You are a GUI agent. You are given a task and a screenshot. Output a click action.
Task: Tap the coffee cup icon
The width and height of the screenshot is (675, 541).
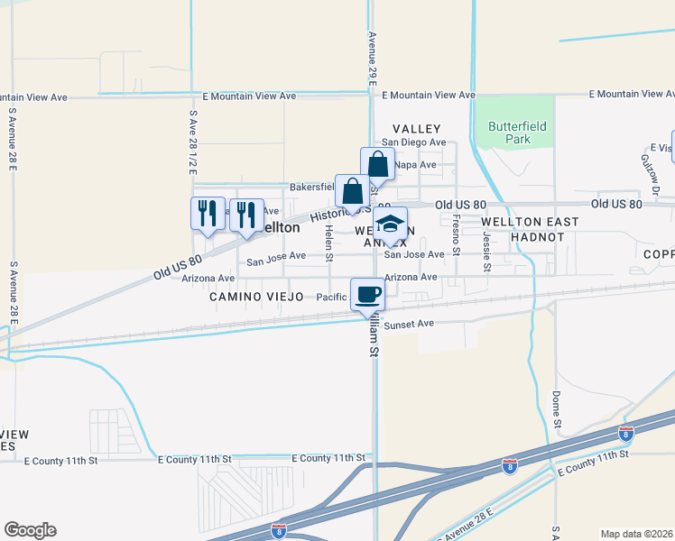(x=368, y=295)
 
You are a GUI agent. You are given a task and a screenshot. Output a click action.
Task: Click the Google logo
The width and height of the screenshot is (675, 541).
(x=30, y=530)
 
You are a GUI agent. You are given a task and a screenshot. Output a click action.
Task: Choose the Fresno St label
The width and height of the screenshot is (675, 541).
(x=457, y=233)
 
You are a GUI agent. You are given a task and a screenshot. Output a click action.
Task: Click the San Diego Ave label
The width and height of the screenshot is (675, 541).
(x=413, y=142)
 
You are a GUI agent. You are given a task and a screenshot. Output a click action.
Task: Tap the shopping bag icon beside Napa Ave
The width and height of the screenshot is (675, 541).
(x=378, y=165)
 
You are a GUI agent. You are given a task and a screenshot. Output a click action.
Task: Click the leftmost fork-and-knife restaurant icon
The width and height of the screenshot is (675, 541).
(x=208, y=215)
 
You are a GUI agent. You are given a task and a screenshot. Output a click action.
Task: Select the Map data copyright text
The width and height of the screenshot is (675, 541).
(x=636, y=533)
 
